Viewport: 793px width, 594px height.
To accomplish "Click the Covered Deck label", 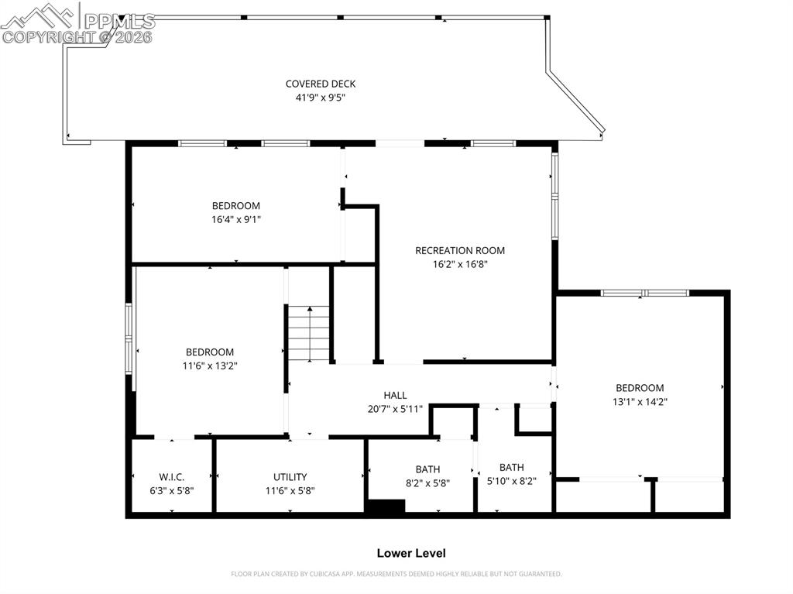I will click(321, 84).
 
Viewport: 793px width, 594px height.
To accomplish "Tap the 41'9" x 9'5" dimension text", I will click(321, 98).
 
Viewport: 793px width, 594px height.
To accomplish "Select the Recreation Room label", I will click(460, 250).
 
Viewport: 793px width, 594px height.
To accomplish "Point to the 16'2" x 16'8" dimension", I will click(460, 264).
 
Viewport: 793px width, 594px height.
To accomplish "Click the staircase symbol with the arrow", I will click(310, 333).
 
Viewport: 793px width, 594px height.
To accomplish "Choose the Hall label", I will click(395, 395).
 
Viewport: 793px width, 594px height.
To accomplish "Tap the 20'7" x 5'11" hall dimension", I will click(395, 409).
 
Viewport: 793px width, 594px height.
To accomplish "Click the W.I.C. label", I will click(172, 477).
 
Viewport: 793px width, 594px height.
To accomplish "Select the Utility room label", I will click(290, 477).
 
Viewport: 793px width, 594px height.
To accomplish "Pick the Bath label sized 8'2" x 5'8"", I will click(427, 469).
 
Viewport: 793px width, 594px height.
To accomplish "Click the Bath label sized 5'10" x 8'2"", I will click(511, 467).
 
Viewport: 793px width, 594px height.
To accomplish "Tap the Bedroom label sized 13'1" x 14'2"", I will click(640, 388).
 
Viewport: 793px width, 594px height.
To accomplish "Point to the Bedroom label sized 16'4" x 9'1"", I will click(236, 205).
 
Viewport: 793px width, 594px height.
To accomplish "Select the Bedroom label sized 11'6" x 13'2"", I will click(210, 352).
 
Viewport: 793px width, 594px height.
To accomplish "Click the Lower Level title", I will click(410, 553).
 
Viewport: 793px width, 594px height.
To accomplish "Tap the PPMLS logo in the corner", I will click(77, 23).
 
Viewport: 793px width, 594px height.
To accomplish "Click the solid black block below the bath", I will click(385, 506).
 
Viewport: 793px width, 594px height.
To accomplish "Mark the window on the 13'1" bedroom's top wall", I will click(645, 293).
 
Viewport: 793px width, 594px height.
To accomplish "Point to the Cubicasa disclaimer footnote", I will click(396, 574).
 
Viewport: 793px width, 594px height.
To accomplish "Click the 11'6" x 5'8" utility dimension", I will click(290, 490).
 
